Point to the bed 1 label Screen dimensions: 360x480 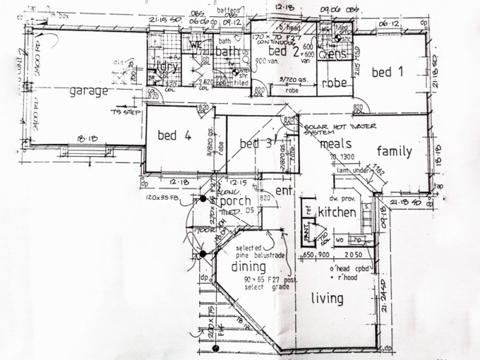point(387,73)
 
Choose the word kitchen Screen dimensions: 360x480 point(337,212)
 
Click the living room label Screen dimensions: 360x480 point(328,298)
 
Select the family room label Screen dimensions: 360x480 point(394,151)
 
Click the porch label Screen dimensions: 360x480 point(235,201)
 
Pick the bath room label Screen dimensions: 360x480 point(227,52)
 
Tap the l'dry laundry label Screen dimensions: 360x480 point(166,67)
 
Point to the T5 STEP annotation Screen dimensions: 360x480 point(125,112)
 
